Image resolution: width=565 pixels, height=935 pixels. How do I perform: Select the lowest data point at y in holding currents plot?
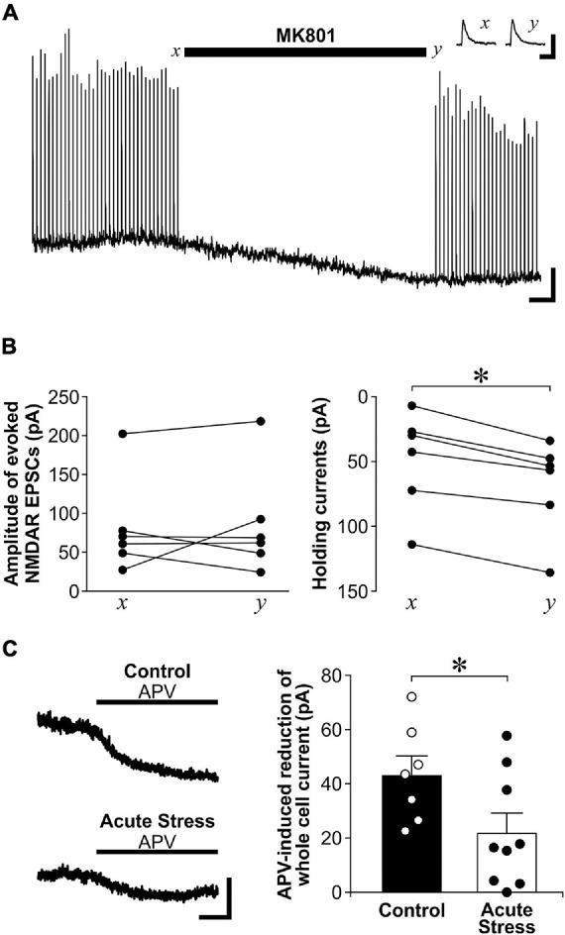550,572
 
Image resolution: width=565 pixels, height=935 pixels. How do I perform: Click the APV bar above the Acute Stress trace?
157,851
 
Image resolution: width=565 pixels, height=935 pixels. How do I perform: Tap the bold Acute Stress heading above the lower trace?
157,820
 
